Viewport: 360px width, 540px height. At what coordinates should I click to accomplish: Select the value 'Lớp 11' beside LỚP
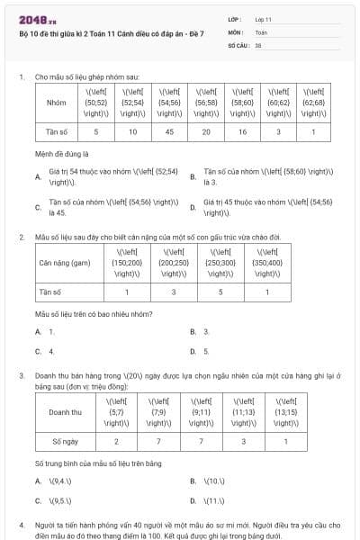click(x=264, y=18)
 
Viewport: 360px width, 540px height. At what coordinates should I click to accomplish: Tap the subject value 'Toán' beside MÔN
click(x=262, y=31)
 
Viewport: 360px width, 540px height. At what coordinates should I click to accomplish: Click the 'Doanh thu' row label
click(x=65, y=411)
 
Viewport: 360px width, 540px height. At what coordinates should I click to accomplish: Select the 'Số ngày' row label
click(x=65, y=441)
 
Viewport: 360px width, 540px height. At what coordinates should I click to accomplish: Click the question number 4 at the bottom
click(x=21, y=523)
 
